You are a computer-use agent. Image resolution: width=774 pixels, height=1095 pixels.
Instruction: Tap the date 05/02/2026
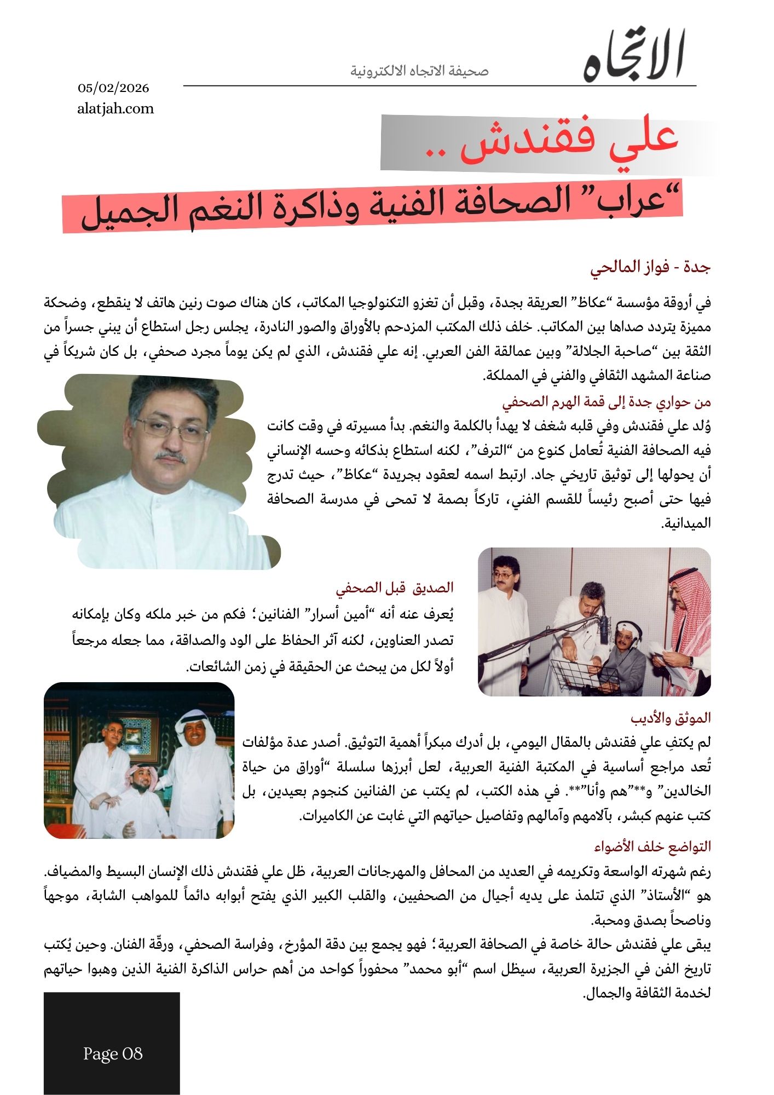point(113,88)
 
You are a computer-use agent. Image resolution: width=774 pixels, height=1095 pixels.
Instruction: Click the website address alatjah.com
point(115,108)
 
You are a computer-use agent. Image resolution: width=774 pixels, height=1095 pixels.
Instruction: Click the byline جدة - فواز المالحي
point(650,267)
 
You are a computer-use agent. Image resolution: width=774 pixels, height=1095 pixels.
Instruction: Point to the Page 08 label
point(113,1053)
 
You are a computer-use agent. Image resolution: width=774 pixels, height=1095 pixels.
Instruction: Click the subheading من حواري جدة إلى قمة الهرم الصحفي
point(607,402)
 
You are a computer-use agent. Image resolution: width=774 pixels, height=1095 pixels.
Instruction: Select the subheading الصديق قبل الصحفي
point(395,588)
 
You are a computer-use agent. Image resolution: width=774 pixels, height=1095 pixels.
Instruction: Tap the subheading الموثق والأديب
point(671,718)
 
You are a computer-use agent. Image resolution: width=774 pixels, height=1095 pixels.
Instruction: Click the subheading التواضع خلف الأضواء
point(652,846)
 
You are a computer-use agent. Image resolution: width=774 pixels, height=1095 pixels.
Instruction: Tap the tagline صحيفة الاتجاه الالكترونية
point(419,71)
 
